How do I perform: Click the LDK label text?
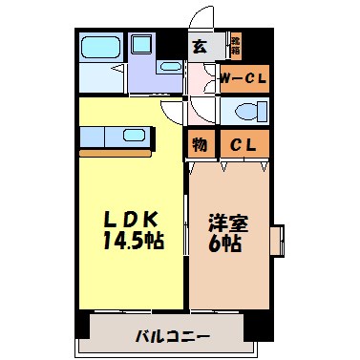(x=133, y=219)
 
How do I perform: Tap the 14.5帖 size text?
(x=133, y=240)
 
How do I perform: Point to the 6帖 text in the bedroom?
(x=226, y=244)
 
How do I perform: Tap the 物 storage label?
(x=201, y=144)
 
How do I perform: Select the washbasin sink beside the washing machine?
(x=170, y=68)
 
